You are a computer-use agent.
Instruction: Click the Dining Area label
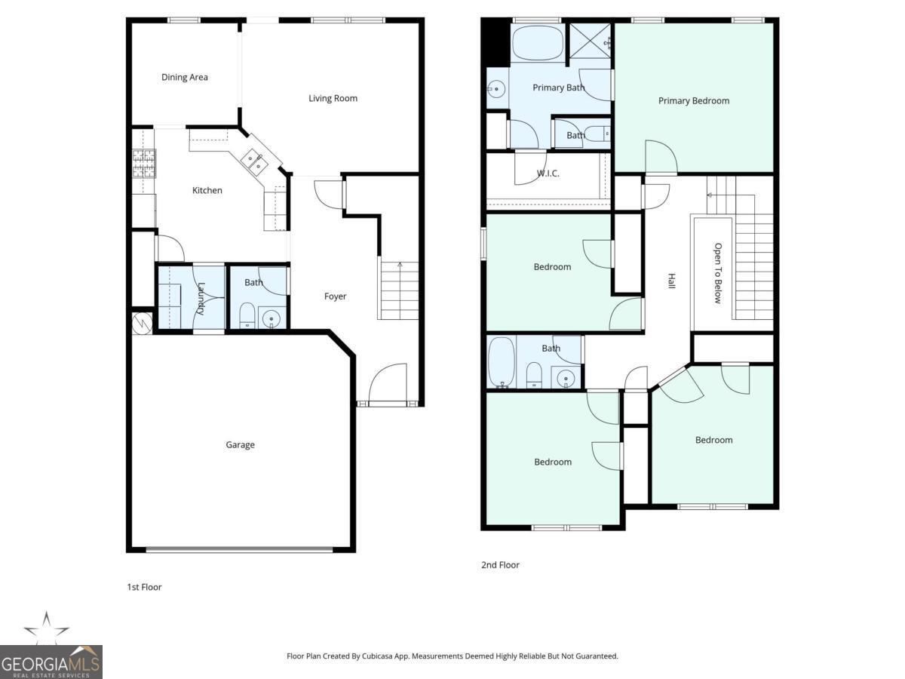[x=185, y=77]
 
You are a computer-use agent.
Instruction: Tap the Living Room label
[x=333, y=98]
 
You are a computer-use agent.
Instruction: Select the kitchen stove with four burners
[x=143, y=163]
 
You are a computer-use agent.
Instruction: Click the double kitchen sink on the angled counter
[x=253, y=160]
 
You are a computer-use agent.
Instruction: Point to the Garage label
[x=240, y=445]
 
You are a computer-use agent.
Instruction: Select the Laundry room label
[x=201, y=298]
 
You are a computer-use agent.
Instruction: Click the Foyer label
[x=336, y=296]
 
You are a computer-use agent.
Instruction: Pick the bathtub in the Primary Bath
[x=537, y=44]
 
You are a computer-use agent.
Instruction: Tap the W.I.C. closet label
[x=548, y=174]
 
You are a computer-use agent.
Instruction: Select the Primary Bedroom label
[x=694, y=101]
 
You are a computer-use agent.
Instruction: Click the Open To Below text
[x=718, y=273]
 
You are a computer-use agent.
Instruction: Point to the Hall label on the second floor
[x=670, y=281]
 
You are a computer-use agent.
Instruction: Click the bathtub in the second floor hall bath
[x=502, y=362]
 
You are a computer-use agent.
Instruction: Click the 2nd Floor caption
[x=500, y=565]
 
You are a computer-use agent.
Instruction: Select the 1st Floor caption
[x=144, y=587]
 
